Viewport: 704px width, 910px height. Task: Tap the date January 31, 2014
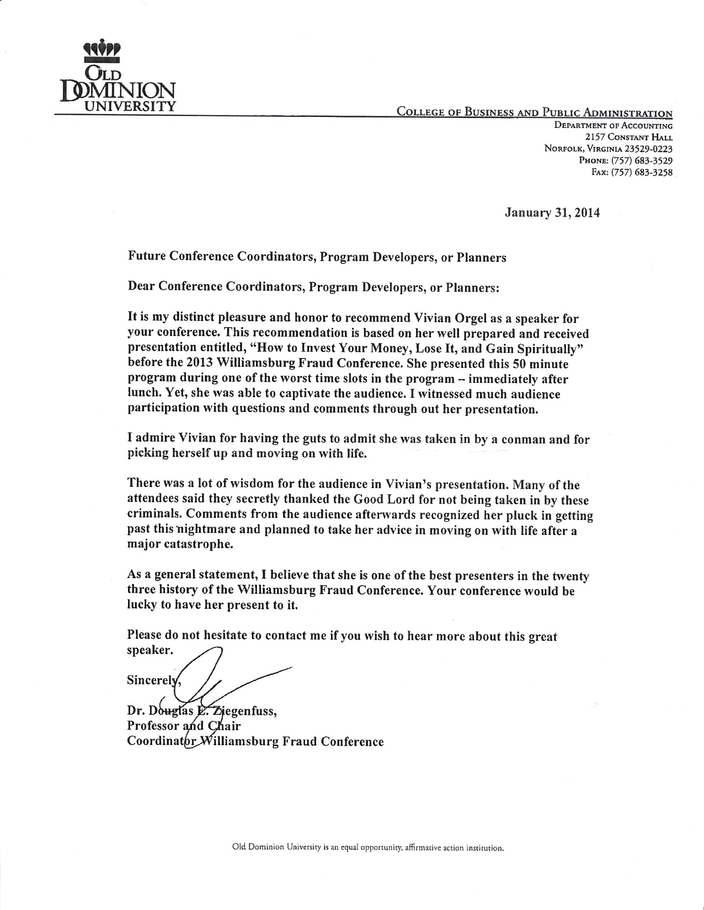click(x=552, y=213)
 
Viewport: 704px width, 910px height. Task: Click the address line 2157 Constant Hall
click(x=629, y=137)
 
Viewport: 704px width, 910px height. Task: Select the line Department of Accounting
click(x=614, y=126)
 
